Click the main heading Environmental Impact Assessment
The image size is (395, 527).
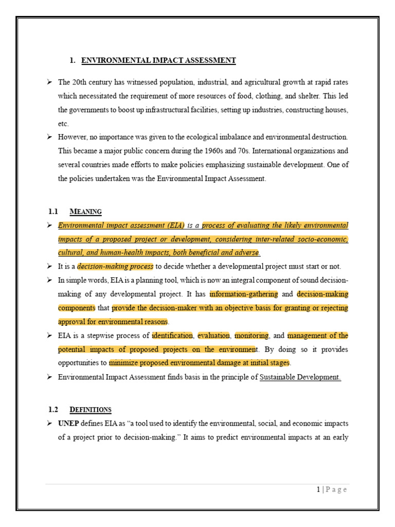click(x=158, y=61)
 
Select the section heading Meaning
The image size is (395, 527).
click(x=85, y=212)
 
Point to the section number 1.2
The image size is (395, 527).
click(x=53, y=410)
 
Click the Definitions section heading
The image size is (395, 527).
click(x=90, y=410)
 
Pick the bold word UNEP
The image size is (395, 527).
click(x=68, y=424)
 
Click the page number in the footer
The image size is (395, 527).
click(x=318, y=489)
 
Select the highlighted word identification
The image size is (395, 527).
click(x=172, y=336)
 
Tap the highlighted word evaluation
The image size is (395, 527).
click(x=213, y=336)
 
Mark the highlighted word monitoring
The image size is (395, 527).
click(x=252, y=336)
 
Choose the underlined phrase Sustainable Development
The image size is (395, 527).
click(x=300, y=377)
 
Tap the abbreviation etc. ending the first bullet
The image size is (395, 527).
click(x=63, y=124)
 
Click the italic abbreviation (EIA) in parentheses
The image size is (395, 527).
click(x=172, y=225)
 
